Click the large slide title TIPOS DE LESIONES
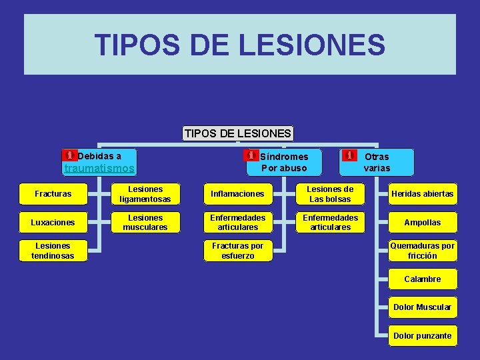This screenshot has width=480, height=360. pos(240,45)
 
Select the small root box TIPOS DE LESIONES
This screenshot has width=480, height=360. pos(238,133)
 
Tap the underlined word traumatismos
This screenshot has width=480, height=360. pos(99,169)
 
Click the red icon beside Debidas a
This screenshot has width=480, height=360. pos(69,155)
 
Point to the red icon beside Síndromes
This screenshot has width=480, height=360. pos(251,155)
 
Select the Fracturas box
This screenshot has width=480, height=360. pos(53,194)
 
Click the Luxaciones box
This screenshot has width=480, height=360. pos(53,222)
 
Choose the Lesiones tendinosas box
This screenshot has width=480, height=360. pos(53,251)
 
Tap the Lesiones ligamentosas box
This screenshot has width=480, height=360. pos(145,194)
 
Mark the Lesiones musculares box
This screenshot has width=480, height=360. pos(145,222)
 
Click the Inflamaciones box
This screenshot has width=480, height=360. pos(237,194)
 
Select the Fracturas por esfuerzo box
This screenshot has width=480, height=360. pos(237,251)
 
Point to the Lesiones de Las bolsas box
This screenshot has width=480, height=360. pos(330,194)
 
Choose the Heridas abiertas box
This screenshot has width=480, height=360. pos(423,194)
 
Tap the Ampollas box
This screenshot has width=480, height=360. pos(423,222)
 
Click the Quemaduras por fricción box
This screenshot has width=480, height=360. pos(423,251)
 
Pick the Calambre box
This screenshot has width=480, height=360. pos(423,279)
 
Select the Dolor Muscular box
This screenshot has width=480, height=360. pos(423,307)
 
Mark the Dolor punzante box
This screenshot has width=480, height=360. pos(423,336)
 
